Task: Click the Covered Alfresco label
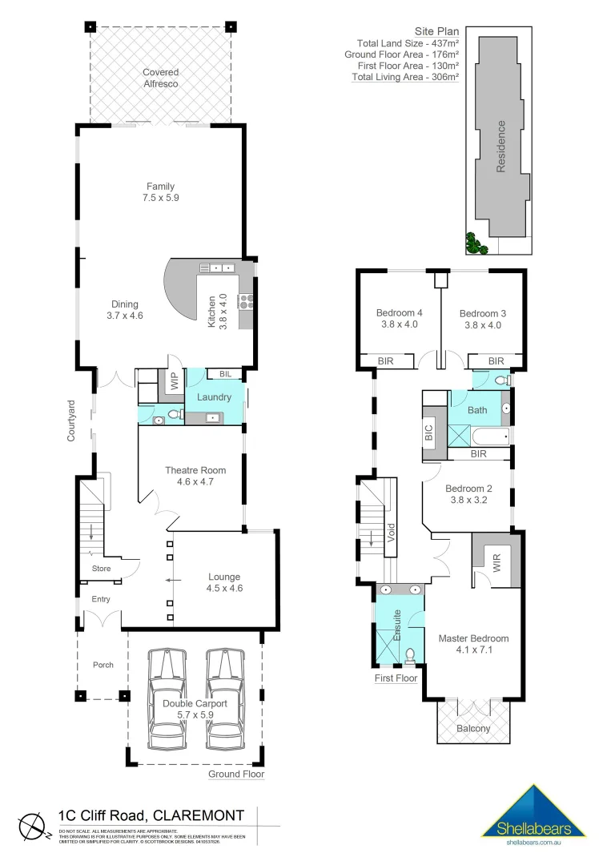pyautogui.click(x=160, y=78)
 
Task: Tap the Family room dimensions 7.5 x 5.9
pyautogui.click(x=160, y=197)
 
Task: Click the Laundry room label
pyautogui.click(x=214, y=396)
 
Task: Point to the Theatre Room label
pyautogui.click(x=195, y=470)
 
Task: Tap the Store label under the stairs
pyautogui.click(x=101, y=569)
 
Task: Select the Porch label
pyautogui.click(x=103, y=665)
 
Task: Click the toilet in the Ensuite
pyautogui.click(x=410, y=656)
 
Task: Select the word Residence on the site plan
pyautogui.click(x=501, y=147)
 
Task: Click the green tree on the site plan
pyautogui.click(x=476, y=243)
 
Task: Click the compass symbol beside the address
pyautogui.click(x=30, y=824)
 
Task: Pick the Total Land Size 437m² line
pyautogui.click(x=408, y=43)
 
